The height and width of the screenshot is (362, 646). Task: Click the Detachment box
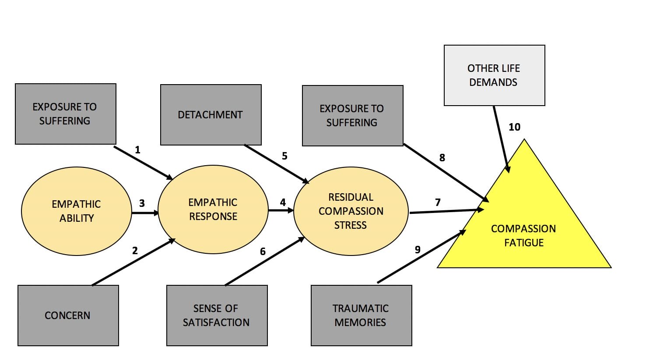coord(211,115)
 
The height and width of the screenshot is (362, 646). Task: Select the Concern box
coord(68,316)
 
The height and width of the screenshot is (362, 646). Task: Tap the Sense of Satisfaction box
coord(217,316)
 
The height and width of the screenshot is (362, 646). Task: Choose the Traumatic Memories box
coord(361,316)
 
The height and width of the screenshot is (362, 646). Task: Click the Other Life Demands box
coord(494,75)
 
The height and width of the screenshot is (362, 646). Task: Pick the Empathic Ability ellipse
coord(76,211)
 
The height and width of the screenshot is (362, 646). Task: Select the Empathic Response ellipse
coord(213,209)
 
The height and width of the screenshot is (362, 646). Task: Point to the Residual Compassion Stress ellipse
coord(351,211)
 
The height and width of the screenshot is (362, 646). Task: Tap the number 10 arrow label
coord(514,127)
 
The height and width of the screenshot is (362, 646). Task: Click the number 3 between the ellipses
coord(142,203)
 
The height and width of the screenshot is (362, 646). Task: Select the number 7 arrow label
coord(438,202)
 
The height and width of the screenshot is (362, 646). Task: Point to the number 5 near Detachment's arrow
coord(284,156)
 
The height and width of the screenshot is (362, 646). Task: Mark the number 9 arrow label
coord(418,250)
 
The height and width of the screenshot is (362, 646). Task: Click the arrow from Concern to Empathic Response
coord(133,262)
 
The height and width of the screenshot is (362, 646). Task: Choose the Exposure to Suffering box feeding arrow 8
coord(352,116)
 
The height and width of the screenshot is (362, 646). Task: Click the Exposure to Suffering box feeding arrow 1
coord(65,114)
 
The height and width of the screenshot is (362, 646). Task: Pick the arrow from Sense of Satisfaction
coord(265,261)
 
